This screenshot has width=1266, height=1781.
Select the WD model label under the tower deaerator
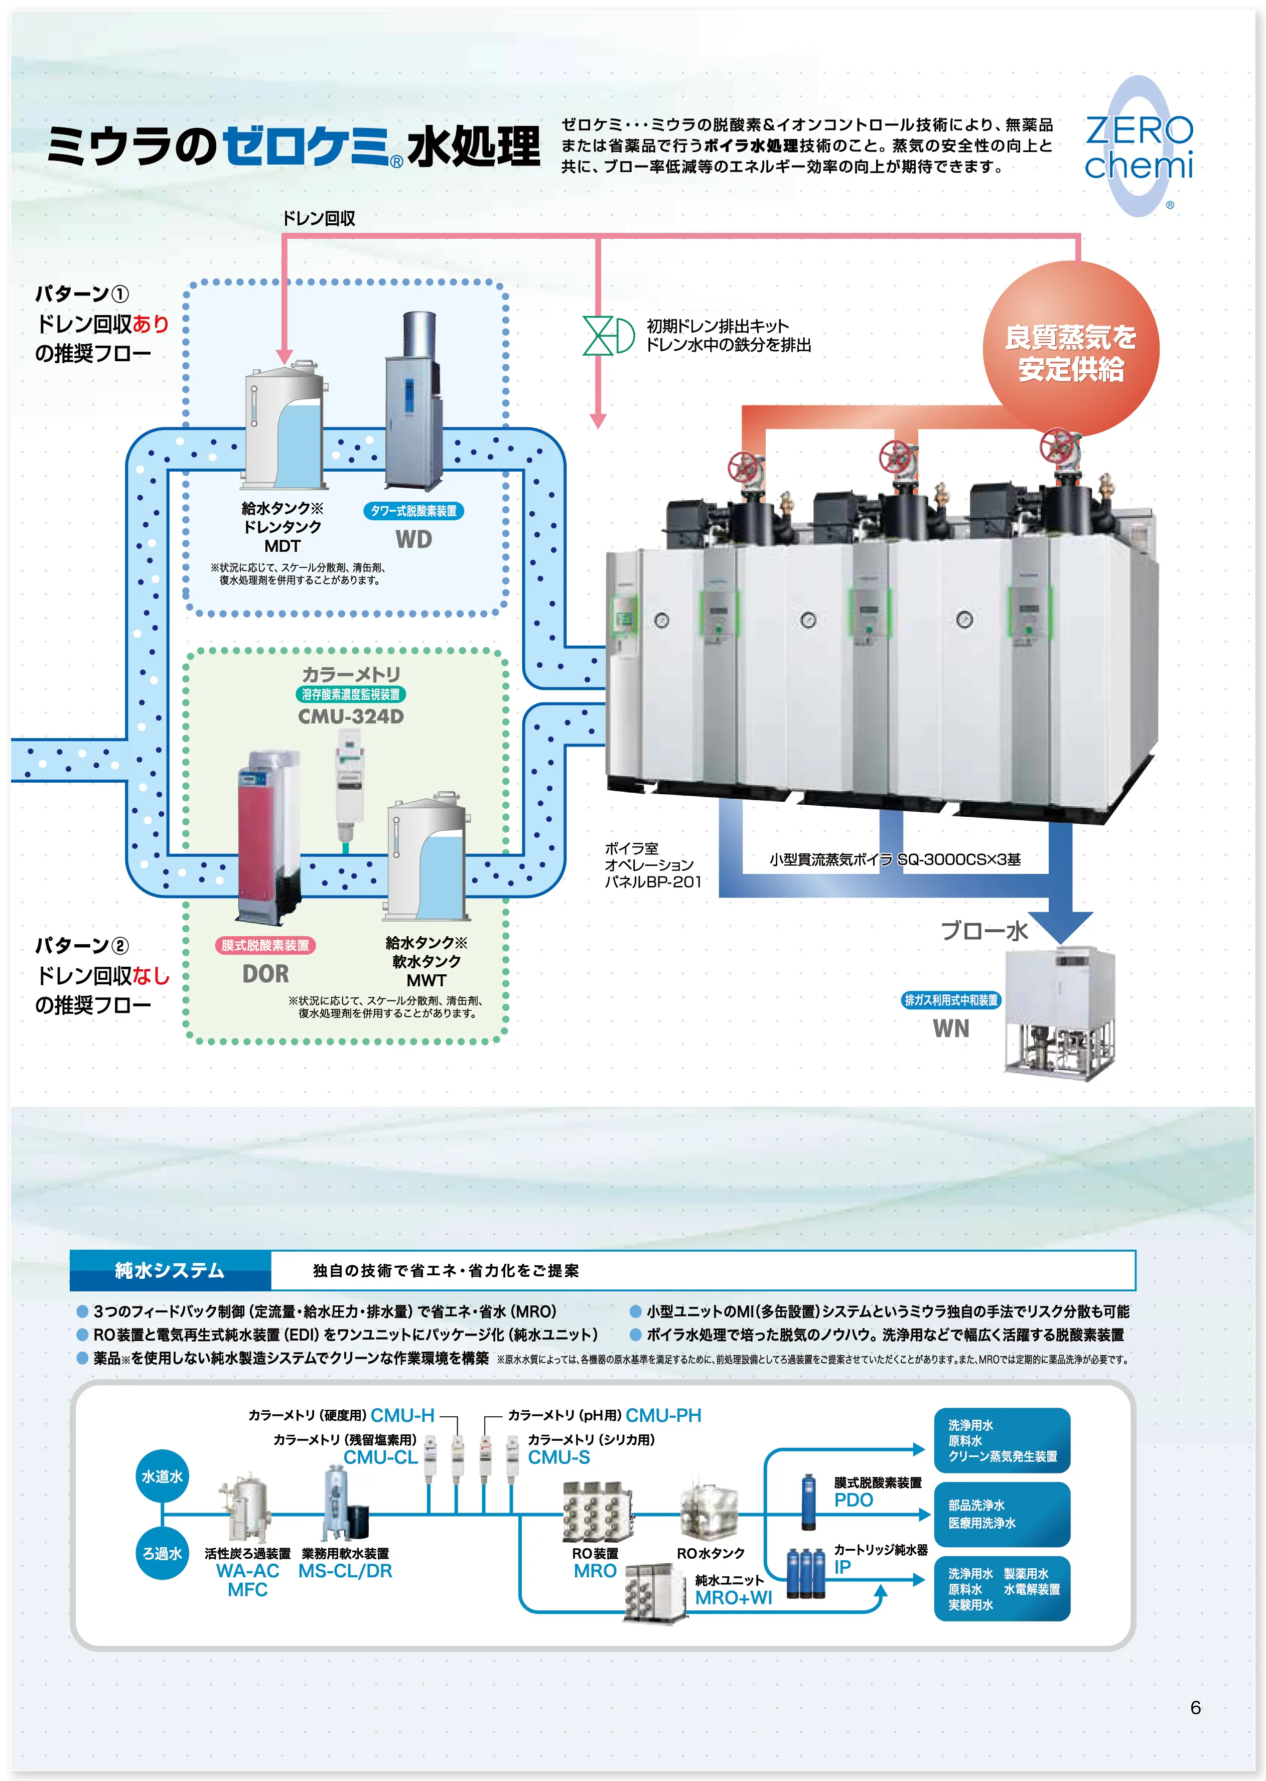(x=413, y=539)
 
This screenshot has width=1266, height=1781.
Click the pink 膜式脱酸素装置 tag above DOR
(x=265, y=945)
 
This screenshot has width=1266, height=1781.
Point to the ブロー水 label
(x=984, y=931)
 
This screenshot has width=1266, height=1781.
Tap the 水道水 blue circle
(x=162, y=1476)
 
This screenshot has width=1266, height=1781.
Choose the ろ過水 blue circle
(x=162, y=1553)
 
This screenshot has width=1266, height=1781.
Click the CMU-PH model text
(x=663, y=1415)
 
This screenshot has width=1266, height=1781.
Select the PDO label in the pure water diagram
(x=854, y=1500)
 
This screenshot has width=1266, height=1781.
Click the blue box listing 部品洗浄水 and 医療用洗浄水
(x=1002, y=1514)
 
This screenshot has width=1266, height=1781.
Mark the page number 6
(x=1195, y=1707)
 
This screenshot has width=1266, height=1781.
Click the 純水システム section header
(x=170, y=1270)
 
